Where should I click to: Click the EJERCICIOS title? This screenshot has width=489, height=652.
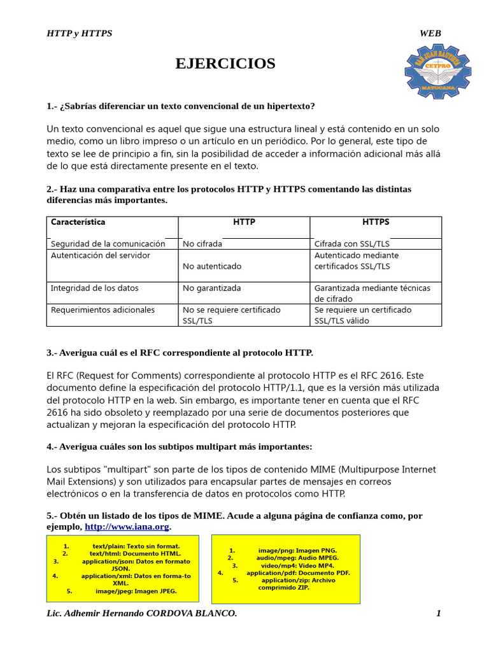point(225,64)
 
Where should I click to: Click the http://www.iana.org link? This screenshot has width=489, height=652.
point(127,527)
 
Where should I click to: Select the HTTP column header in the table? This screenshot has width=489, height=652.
point(244,222)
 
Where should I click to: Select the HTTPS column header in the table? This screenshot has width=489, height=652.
point(376,222)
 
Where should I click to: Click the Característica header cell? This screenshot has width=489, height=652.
point(78,222)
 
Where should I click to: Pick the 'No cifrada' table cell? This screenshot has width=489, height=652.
point(202,244)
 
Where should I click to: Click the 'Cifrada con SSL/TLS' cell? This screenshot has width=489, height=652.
point(352,244)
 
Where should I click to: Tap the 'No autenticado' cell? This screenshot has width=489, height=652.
point(212,266)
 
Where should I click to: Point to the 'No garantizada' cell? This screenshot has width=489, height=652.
point(212,288)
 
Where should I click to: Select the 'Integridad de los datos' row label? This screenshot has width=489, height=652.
point(95,288)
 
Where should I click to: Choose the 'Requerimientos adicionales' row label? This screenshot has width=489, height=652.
point(103,310)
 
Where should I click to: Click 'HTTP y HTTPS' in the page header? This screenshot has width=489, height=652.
point(80,33)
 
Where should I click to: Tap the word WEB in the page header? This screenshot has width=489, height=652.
point(430,33)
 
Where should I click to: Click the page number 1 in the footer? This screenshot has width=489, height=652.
point(438,613)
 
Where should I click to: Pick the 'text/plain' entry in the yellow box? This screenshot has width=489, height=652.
point(136,546)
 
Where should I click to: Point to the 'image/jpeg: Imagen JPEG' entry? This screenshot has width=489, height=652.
point(136,591)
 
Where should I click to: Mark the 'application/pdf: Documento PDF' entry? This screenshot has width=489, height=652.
point(298,573)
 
